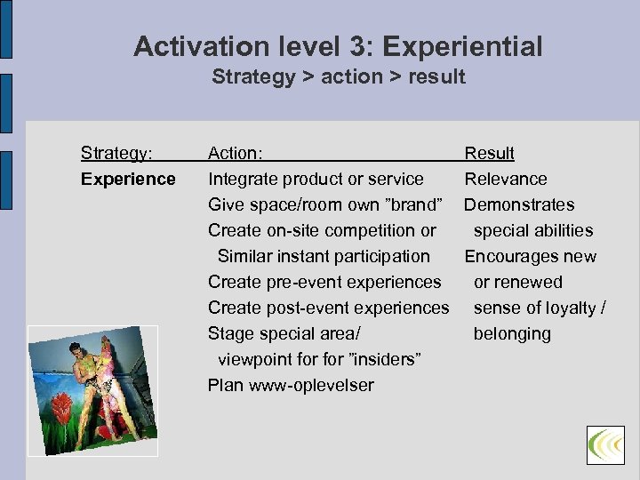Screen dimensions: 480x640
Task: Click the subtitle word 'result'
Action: [436, 76]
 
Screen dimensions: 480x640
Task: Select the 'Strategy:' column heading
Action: [116, 154]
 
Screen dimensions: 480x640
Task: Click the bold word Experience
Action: [128, 180]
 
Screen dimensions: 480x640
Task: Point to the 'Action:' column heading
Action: [235, 154]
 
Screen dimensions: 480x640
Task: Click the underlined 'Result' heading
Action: [490, 154]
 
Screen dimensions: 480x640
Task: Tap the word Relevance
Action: [506, 180]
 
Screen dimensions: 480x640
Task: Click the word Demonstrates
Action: [519, 205]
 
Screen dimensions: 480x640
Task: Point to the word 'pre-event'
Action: [300, 283]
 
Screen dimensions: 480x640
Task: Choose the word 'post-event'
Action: [304, 308]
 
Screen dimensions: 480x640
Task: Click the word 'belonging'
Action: [512, 334]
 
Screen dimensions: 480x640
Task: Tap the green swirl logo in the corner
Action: [605, 444]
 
